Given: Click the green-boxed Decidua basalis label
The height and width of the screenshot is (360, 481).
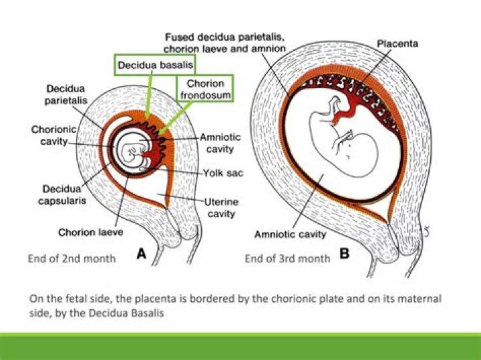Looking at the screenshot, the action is [155, 65].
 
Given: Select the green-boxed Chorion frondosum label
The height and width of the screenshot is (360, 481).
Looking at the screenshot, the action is [205, 89].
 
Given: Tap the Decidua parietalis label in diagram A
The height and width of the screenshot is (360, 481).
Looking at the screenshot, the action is [65, 94].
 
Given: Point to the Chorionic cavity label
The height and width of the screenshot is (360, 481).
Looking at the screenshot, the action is [53, 135].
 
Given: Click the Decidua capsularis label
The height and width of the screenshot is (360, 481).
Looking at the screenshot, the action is [62, 194].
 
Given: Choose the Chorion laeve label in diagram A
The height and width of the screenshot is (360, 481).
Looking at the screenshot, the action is [90, 232].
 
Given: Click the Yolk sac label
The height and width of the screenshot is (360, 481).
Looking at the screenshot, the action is [223, 173].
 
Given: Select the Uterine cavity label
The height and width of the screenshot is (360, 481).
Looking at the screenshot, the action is [221, 208].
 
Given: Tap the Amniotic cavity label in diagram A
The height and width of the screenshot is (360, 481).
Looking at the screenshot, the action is [220, 143].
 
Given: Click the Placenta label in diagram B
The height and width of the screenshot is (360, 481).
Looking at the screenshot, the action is [397, 43].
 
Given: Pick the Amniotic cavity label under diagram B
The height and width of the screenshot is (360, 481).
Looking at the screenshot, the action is [290, 234].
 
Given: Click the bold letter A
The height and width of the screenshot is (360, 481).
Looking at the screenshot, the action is [141, 254].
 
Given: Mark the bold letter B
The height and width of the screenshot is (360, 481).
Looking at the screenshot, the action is [345, 254].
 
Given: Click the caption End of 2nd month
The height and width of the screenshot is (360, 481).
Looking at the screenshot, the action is [71, 258].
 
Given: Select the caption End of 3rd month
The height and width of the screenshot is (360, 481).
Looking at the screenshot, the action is [287, 258].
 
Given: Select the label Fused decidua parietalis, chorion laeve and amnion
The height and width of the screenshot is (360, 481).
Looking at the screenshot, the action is [224, 43].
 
